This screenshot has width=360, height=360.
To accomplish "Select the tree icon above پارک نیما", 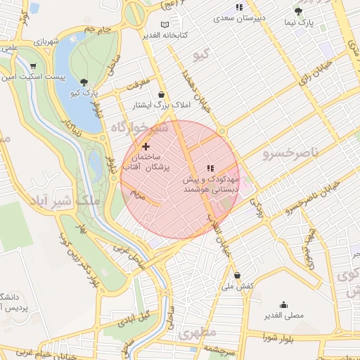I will (x=298, y=11).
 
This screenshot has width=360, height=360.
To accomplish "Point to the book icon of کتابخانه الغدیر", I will (x=165, y=24).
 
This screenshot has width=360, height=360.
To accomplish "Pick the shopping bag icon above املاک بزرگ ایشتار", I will (x=162, y=94).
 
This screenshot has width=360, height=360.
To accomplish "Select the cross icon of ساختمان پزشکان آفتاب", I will (x=146, y=146).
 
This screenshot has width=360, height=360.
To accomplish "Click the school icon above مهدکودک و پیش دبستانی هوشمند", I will (x=210, y=168).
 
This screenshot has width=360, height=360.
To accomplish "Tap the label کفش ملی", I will (x=237, y=286).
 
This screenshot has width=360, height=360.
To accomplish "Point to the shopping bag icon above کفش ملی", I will (x=238, y=274).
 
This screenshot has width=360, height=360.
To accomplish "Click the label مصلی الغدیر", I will (x=283, y=316).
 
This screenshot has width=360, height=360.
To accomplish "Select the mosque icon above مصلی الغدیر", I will (x=283, y=304).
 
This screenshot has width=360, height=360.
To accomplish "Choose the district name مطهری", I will (x=198, y=332).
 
